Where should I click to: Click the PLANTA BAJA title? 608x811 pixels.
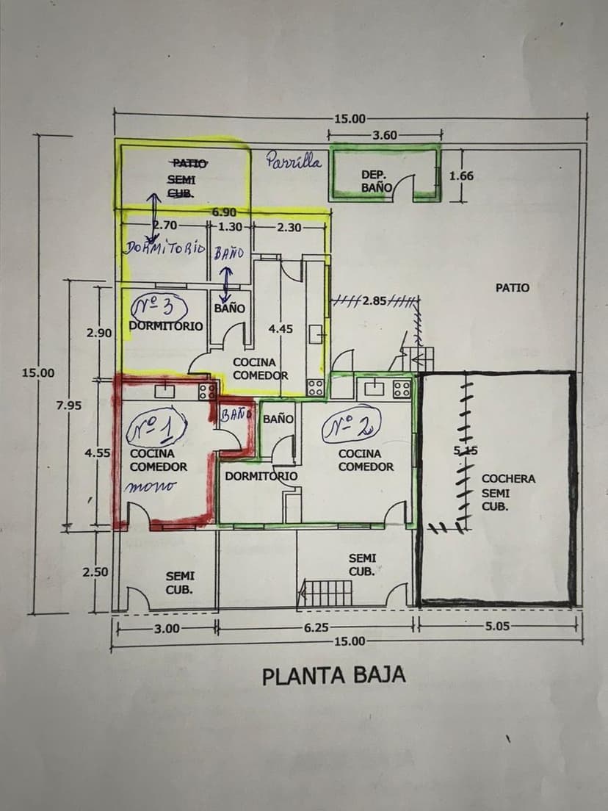point(333,675)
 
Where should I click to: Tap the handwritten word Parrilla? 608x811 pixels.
point(294,160)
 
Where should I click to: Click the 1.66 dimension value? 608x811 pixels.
point(461,176)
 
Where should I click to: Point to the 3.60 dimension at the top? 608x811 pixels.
point(385,134)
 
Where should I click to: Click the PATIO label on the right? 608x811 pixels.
point(512,288)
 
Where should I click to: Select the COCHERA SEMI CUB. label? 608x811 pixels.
point(508,492)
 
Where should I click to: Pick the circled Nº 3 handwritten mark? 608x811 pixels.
point(160,306)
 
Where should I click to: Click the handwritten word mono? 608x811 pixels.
point(151,486)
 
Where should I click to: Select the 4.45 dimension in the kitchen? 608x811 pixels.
point(281,329)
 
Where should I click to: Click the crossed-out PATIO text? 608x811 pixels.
point(189,164)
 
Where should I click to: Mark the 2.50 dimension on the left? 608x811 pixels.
point(96,572)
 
